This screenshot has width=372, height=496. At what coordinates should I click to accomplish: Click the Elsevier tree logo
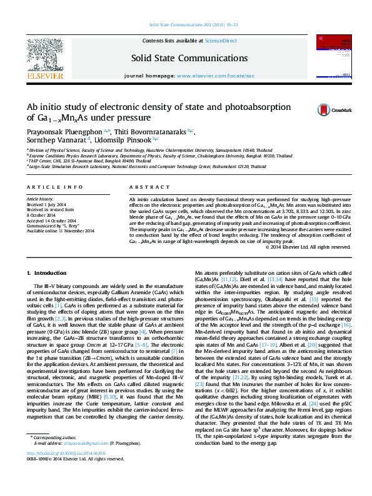[44, 56]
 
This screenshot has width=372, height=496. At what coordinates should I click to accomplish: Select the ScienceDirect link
[221, 41]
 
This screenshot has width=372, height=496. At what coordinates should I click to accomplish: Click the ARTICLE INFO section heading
[55, 187]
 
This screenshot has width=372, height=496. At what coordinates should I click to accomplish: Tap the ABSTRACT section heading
[144, 187]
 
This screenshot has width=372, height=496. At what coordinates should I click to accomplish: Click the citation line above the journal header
[186, 26]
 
